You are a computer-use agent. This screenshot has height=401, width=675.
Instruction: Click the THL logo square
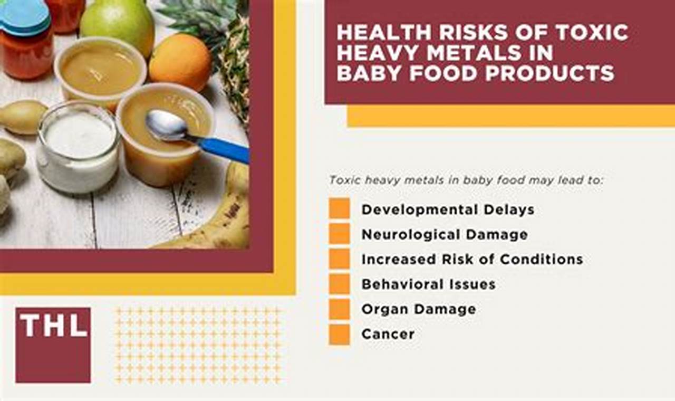pyautogui.click(x=53, y=345)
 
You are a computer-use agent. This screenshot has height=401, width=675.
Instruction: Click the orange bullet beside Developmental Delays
pyautogui.click(x=339, y=208)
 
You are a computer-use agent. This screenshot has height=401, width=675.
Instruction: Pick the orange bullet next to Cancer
pyautogui.click(x=339, y=334)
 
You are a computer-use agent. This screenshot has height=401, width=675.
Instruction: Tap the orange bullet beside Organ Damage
pyautogui.click(x=339, y=309)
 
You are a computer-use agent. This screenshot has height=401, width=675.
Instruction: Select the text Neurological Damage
pyautogui.click(x=445, y=234)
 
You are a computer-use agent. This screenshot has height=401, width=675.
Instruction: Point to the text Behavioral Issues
pyautogui.click(x=428, y=284)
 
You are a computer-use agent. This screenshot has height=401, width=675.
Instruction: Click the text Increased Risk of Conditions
pyautogui.click(x=472, y=259)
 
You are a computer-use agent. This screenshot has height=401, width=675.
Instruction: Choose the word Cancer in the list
pyautogui.click(x=388, y=334)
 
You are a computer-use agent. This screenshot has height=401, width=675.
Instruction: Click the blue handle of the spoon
pyautogui.click(x=224, y=150)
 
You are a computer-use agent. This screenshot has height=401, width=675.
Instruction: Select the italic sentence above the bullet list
pyautogui.click(x=465, y=180)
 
